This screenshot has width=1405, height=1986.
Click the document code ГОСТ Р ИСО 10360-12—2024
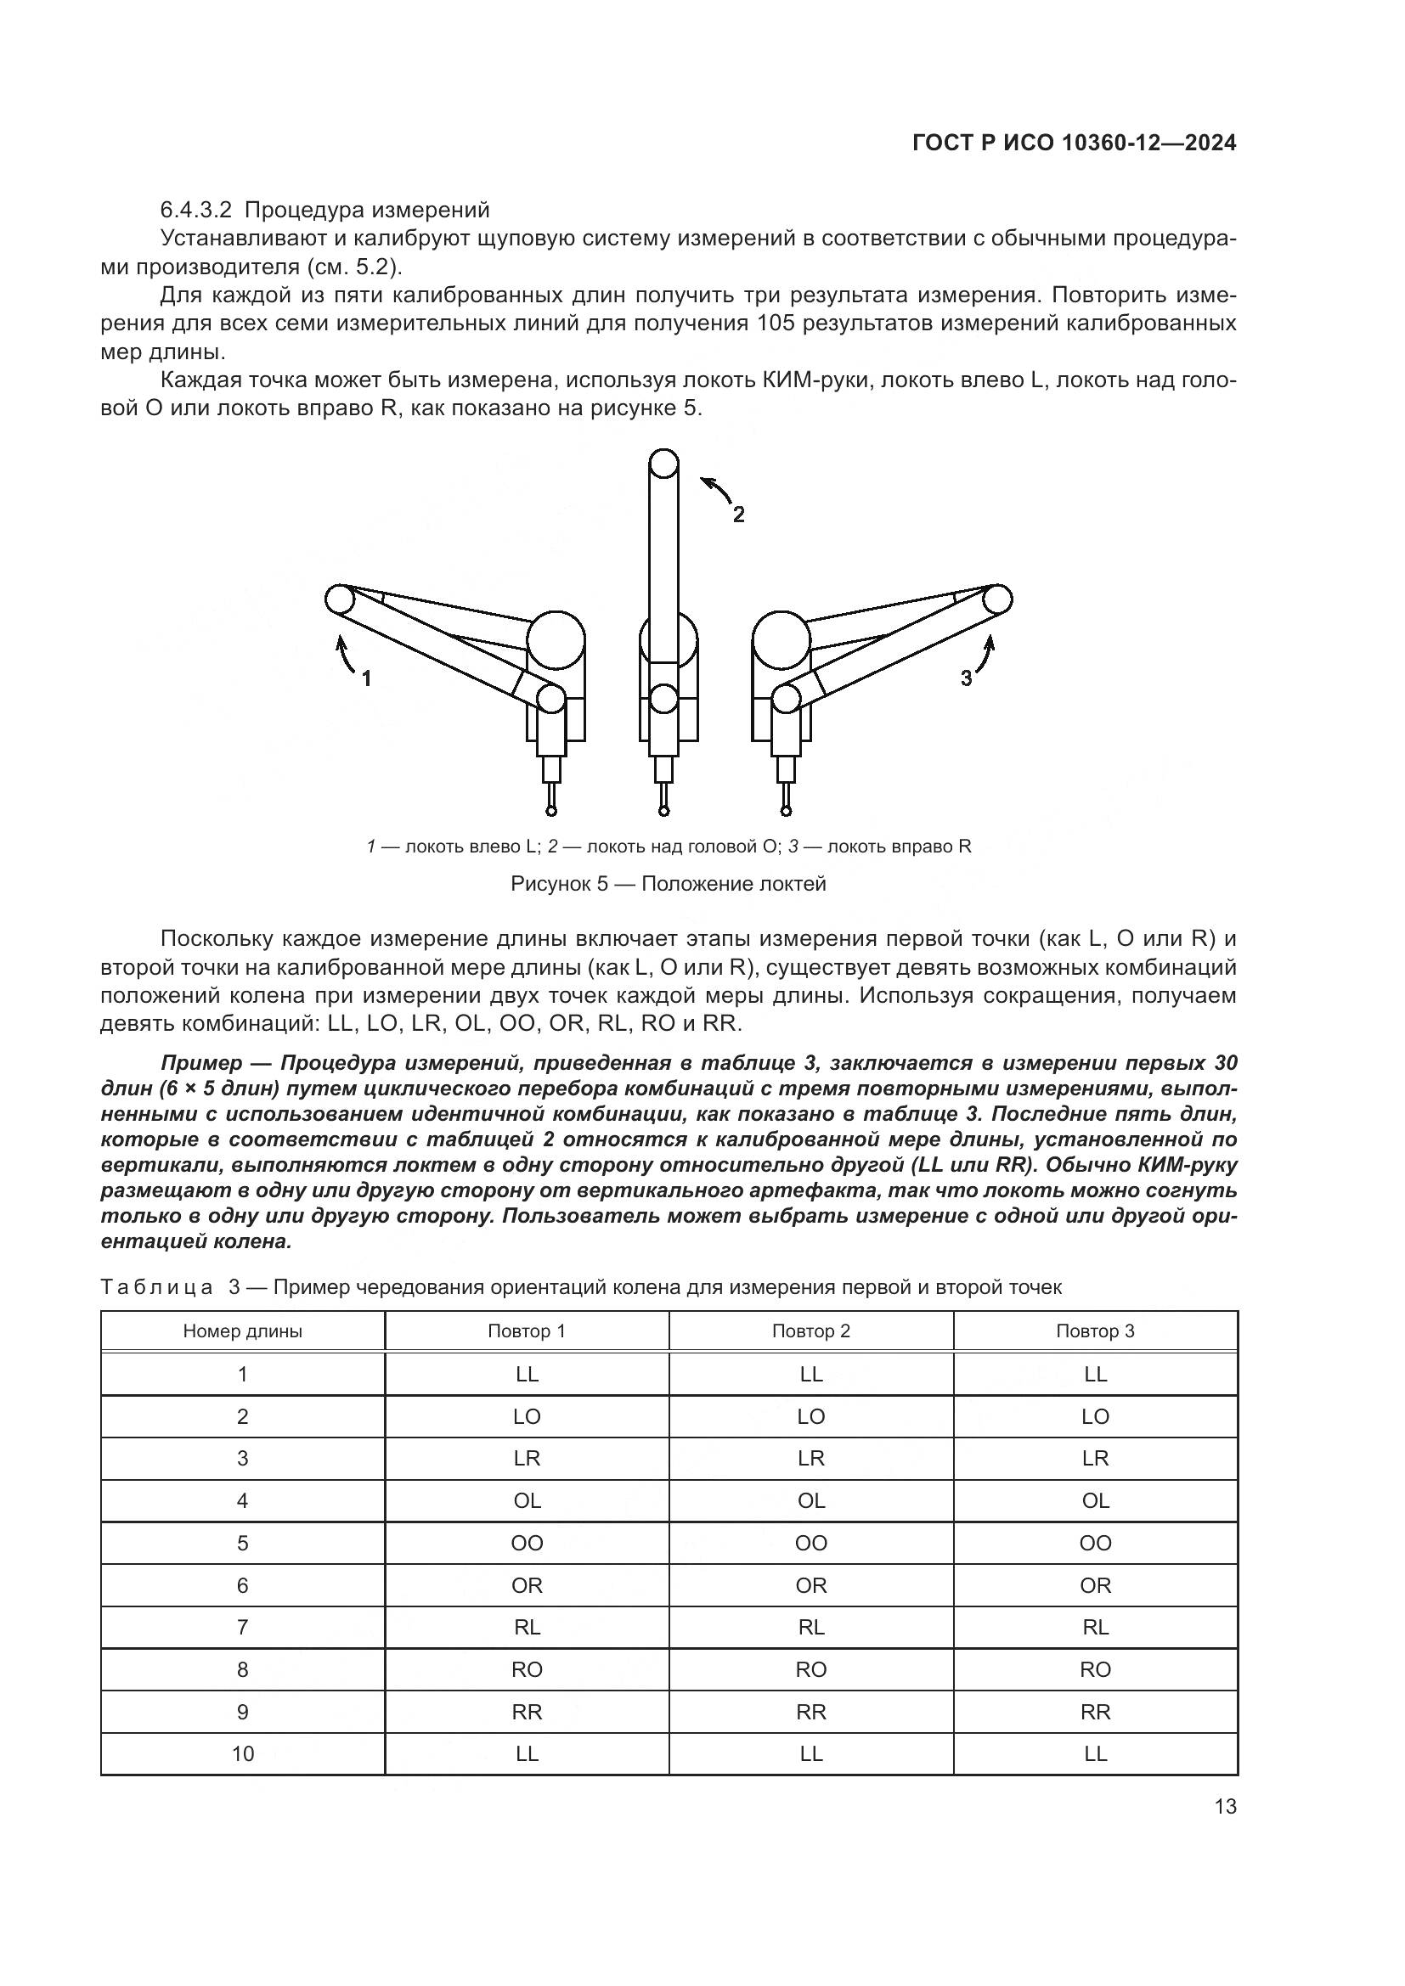click(1075, 143)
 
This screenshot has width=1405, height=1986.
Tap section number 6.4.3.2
click(197, 211)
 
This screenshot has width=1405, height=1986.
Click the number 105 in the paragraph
click(776, 323)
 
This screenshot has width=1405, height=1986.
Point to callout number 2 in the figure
click(738, 515)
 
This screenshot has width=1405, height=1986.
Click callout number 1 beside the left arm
click(366, 679)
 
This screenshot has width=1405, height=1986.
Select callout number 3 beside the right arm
click(967, 679)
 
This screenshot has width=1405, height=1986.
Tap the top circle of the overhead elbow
click(663, 464)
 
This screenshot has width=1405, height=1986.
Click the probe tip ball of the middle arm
click(663, 811)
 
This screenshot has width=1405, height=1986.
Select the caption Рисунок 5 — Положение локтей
click(668, 884)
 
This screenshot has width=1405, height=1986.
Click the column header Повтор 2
click(810, 1331)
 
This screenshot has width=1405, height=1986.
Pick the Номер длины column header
click(242, 1331)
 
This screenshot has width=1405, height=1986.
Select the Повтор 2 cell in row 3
click(810, 1459)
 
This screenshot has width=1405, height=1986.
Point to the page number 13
click(1225, 1807)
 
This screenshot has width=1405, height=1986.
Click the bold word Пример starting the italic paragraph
click(200, 1062)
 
